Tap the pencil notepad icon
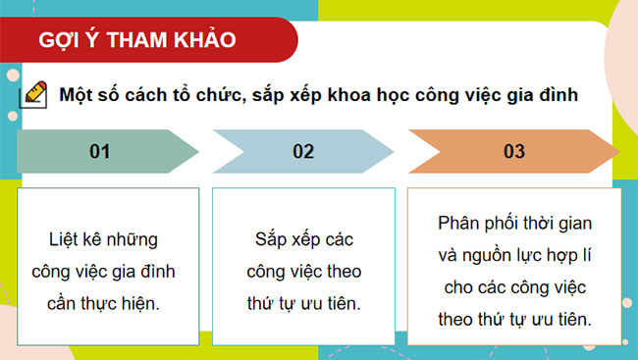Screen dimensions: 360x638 tap(32, 95)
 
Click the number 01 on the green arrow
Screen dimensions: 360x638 tap(99, 151)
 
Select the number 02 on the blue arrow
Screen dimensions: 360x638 tap(302, 151)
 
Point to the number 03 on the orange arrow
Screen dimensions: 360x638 tap(513, 151)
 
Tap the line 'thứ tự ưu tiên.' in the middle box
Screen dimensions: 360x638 tap(304, 303)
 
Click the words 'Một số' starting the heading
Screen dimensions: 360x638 tap(85, 95)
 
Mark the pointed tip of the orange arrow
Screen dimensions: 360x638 tap(617, 152)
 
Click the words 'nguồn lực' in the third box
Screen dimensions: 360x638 tap(505, 254)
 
